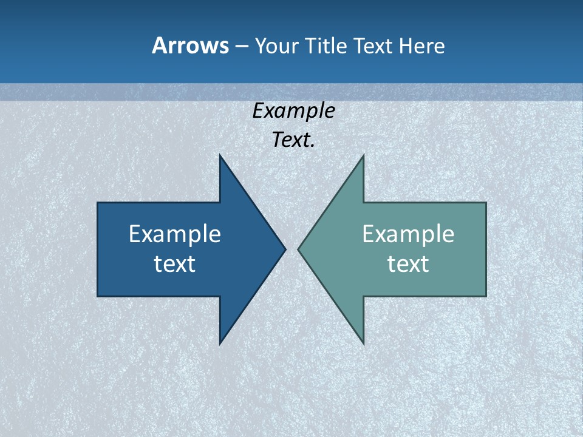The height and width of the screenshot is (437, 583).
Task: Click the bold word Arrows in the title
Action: (190, 46)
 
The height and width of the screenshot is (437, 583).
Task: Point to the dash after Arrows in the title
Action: (240, 46)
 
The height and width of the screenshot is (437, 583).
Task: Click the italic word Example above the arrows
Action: (293, 111)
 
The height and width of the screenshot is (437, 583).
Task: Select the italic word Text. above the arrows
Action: (293, 140)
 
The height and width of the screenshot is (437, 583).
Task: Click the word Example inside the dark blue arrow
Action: (175, 234)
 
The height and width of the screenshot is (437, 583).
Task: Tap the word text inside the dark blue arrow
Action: (175, 263)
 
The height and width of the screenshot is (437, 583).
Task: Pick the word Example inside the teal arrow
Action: (408, 234)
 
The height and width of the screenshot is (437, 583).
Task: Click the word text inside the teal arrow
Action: (408, 263)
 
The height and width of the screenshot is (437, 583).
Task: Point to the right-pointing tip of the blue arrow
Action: (285, 249)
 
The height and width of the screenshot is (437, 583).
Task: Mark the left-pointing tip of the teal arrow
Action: (299, 249)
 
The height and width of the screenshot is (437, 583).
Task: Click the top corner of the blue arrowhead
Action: (220, 156)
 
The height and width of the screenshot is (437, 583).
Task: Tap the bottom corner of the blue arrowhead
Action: (220, 343)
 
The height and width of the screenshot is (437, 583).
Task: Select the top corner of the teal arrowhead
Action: (363, 156)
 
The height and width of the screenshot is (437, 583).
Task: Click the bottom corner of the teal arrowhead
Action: (363, 343)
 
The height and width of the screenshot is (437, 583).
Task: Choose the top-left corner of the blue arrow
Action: (98, 203)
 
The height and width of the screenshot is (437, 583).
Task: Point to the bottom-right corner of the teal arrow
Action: (485, 296)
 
